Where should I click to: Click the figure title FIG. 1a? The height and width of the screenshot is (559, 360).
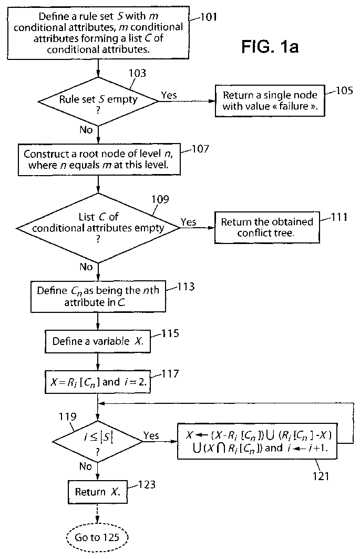point(270,47)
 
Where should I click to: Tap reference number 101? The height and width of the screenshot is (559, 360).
point(209,17)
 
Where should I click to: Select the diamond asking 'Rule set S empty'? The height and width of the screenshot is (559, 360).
point(98,101)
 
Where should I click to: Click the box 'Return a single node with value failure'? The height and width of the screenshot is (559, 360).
point(270,100)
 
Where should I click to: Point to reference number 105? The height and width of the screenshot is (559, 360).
point(344,90)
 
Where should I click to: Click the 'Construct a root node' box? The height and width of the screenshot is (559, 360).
point(99,159)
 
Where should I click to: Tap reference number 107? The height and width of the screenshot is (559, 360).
point(200,149)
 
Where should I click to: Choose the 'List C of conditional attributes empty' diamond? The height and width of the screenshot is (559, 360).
point(98,228)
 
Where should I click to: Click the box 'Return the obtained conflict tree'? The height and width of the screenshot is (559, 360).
point(267,228)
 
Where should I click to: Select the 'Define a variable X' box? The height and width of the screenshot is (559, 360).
point(98,341)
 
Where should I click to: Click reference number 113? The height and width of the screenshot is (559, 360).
point(186,287)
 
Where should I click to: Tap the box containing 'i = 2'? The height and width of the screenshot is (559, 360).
point(98,382)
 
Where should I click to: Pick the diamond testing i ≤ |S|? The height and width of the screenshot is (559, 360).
point(98,441)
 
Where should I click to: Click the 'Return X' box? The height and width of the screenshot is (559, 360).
point(97,492)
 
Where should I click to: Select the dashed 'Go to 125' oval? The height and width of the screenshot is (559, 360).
point(97,537)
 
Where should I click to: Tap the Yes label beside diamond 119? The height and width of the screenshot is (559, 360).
point(151,435)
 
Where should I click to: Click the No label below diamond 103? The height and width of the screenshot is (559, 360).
point(86,129)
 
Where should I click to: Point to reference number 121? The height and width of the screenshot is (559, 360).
point(321,476)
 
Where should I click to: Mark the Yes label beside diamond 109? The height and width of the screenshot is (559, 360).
point(188,222)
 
